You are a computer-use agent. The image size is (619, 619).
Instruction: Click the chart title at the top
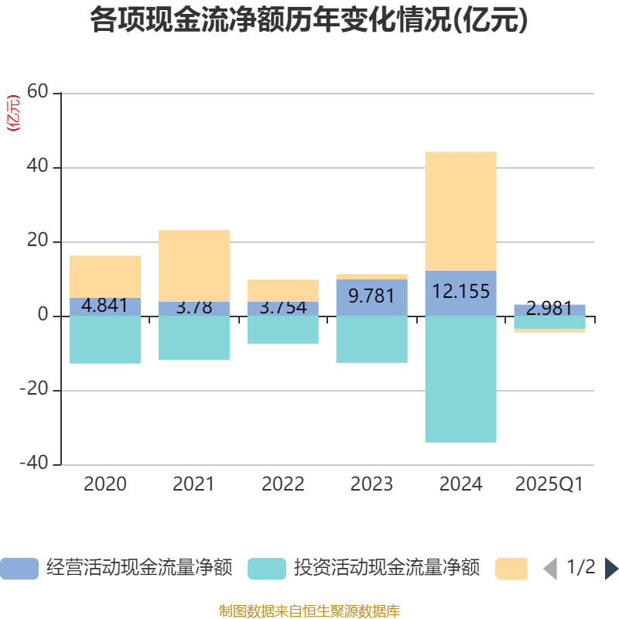(x=309, y=20)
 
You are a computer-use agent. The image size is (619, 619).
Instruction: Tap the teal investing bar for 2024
(x=460, y=379)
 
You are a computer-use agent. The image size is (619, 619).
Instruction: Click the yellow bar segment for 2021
(x=193, y=265)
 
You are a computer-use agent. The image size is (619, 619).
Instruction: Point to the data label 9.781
(x=371, y=295)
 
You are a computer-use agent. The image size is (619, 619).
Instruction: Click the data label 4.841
(x=104, y=306)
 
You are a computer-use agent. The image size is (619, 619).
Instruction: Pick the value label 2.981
(x=549, y=309)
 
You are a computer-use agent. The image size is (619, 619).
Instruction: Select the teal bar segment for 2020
(x=104, y=340)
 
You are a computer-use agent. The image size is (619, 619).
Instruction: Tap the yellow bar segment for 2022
(x=282, y=290)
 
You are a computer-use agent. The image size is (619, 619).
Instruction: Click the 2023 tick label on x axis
(x=371, y=485)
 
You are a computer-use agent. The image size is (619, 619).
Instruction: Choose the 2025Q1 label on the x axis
(x=549, y=485)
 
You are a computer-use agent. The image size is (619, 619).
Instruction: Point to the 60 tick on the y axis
(x=38, y=94)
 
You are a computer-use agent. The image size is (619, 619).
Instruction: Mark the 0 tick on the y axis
(x=43, y=316)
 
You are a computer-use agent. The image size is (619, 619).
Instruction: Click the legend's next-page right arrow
(x=611, y=569)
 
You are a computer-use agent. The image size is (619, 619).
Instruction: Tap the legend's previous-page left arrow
(x=550, y=569)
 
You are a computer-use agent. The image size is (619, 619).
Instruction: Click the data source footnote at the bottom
(x=309, y=611)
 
